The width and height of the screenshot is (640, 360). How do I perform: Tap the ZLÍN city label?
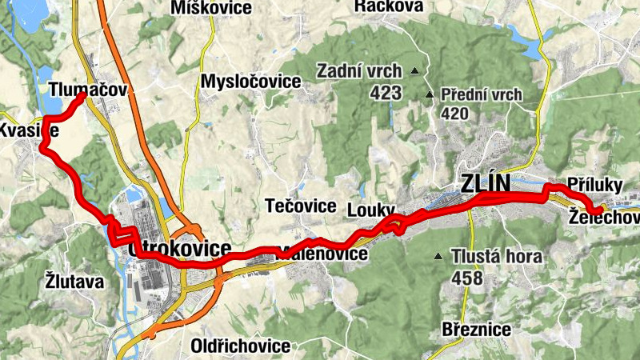click(485, 183)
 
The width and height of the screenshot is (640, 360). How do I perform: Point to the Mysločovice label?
click(250, 82)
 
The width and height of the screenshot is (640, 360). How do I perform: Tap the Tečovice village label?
click(300, 206)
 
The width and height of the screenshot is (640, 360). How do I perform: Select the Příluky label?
click(594, 184)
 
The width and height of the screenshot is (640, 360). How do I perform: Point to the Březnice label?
click(477, 329)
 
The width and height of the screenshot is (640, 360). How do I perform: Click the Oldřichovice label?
click(240, 346)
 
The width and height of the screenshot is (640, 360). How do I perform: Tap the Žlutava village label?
click(74, 282)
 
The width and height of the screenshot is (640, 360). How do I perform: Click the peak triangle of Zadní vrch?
click(414, 71)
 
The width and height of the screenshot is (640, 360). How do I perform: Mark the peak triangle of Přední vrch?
click(430, 95)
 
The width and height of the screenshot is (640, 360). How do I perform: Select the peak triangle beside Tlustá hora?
click(438, 257)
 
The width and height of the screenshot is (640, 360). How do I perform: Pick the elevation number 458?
click(467, 278)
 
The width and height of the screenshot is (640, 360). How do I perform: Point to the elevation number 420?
click(455, 114)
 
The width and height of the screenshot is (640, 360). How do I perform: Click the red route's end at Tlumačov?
click(82, 96)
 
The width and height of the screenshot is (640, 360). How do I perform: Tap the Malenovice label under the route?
click(323, 254)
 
